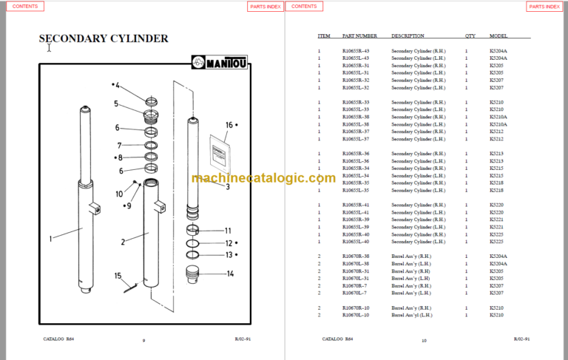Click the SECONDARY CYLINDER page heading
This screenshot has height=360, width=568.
coord(104,38)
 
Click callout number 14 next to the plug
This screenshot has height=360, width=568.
coord(230,274)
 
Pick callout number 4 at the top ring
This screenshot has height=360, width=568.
coord(117,85)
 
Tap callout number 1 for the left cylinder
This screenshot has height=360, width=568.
coord(51,238)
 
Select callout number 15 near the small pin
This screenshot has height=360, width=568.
coord(118,276)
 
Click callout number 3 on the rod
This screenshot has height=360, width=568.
coord(228,187)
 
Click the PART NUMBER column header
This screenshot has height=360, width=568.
coord(359,35)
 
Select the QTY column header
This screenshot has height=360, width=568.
coord(470,35)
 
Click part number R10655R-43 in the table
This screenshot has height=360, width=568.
coord(356,50)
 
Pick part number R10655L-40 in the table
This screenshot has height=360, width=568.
coord(356,241)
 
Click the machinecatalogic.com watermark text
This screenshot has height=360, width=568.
coord(263,177)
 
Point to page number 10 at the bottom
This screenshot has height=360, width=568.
coord(424,340)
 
